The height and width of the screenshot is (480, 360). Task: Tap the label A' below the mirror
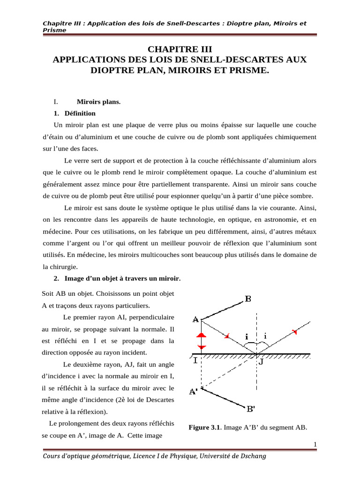193,392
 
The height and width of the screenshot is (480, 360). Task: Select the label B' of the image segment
251,409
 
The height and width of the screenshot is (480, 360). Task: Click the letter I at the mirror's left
195,361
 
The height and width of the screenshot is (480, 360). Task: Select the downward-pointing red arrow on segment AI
201,347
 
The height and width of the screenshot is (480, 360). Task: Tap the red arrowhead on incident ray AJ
227,336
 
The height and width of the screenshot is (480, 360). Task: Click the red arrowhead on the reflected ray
295,332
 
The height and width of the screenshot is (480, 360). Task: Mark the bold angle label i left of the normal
247,337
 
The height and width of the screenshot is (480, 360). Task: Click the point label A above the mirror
196,320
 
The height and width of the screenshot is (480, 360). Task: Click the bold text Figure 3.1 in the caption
204,427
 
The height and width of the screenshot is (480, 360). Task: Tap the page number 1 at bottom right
315,444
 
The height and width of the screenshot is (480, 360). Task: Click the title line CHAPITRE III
180,49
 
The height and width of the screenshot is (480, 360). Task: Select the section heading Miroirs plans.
98,102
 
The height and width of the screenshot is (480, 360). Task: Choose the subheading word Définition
80,113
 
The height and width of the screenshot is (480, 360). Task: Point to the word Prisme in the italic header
54,30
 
